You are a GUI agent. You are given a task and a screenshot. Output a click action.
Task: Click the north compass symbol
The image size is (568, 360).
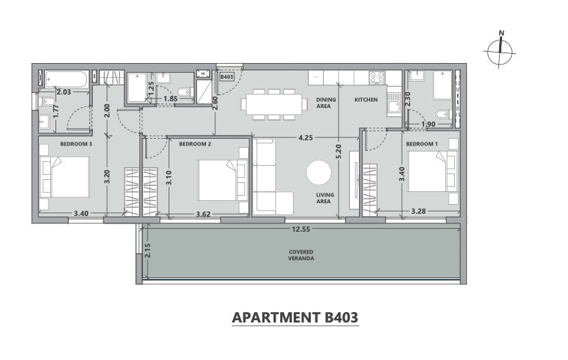point(500,52)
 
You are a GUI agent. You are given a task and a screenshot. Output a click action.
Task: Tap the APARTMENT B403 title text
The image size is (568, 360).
point(295,317)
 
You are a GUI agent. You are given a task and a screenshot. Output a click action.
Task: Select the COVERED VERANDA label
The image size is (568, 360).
point(301,255)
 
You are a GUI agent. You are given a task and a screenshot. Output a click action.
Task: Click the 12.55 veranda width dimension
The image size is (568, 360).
point(301,229)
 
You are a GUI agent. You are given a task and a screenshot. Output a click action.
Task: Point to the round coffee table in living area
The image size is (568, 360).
point(318,172)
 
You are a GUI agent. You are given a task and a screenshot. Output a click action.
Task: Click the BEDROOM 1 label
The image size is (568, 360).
point(422,144)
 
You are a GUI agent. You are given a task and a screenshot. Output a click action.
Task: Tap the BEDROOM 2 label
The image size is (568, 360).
point(195,144)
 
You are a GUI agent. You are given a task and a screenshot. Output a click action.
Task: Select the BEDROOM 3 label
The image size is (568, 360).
point(76,144)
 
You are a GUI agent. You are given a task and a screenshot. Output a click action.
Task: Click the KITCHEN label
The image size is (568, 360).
point(366,100)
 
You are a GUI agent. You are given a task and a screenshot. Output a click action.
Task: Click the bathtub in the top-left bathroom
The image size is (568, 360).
point(66,79)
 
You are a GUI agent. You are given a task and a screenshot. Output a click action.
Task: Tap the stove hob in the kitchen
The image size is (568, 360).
point(377,77)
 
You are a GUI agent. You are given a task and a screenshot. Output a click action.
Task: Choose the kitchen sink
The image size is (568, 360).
point(393,102)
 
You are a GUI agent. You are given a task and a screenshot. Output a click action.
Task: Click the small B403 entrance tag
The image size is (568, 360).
point(226,76)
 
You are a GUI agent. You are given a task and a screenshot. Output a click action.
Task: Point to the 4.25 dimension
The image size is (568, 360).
point(306,138)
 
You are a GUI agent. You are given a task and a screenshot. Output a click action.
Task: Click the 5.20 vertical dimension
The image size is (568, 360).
point(339,151)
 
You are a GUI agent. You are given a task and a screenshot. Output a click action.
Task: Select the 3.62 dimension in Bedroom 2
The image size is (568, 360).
point(203,214)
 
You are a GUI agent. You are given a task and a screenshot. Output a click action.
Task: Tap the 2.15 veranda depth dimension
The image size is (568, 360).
point(147,250)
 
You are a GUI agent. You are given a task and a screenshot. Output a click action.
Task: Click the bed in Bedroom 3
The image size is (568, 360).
point(65,177)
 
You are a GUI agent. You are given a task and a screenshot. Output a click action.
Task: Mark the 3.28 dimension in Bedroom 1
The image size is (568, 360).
point(418,211)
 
